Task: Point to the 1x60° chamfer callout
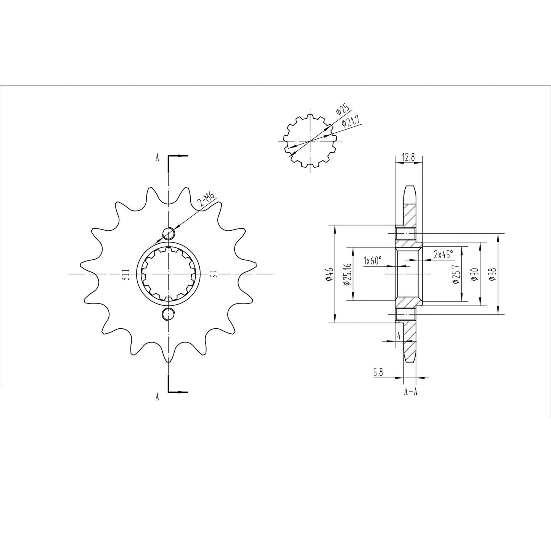373,261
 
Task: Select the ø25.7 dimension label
455,275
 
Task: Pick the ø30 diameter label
474,275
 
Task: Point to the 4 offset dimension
398,336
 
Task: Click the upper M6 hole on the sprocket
168,232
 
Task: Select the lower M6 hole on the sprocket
168,314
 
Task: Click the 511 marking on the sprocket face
126,274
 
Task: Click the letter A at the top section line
157,157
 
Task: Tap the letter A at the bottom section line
157,397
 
